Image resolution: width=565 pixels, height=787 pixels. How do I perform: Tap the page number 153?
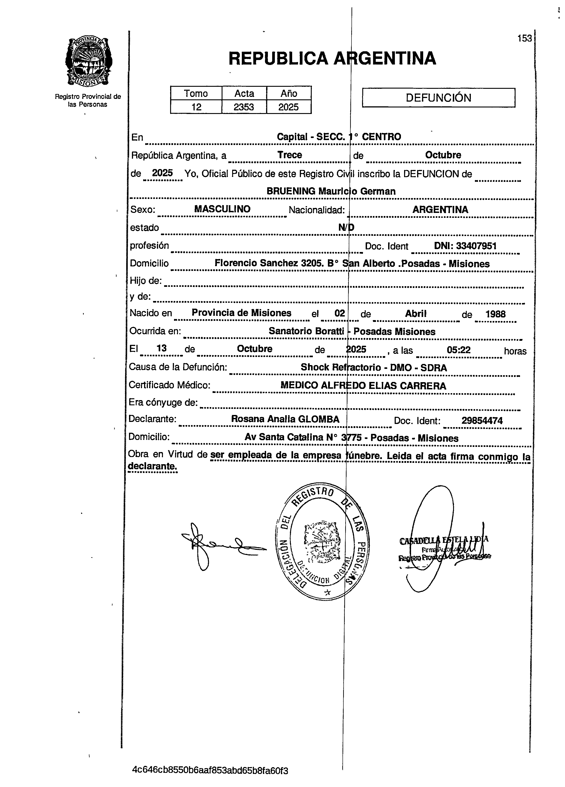click(524, 38)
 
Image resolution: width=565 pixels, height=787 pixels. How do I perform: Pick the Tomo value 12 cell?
click(196, 107)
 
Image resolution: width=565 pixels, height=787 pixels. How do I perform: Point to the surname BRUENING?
click(291, 191)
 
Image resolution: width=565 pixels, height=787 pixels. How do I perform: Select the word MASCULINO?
click(222, 209)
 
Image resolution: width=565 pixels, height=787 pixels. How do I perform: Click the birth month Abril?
click(416, 314)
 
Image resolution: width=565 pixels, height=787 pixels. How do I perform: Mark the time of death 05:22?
click(458, 350)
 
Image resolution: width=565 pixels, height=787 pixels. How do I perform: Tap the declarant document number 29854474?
click(482, 421)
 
